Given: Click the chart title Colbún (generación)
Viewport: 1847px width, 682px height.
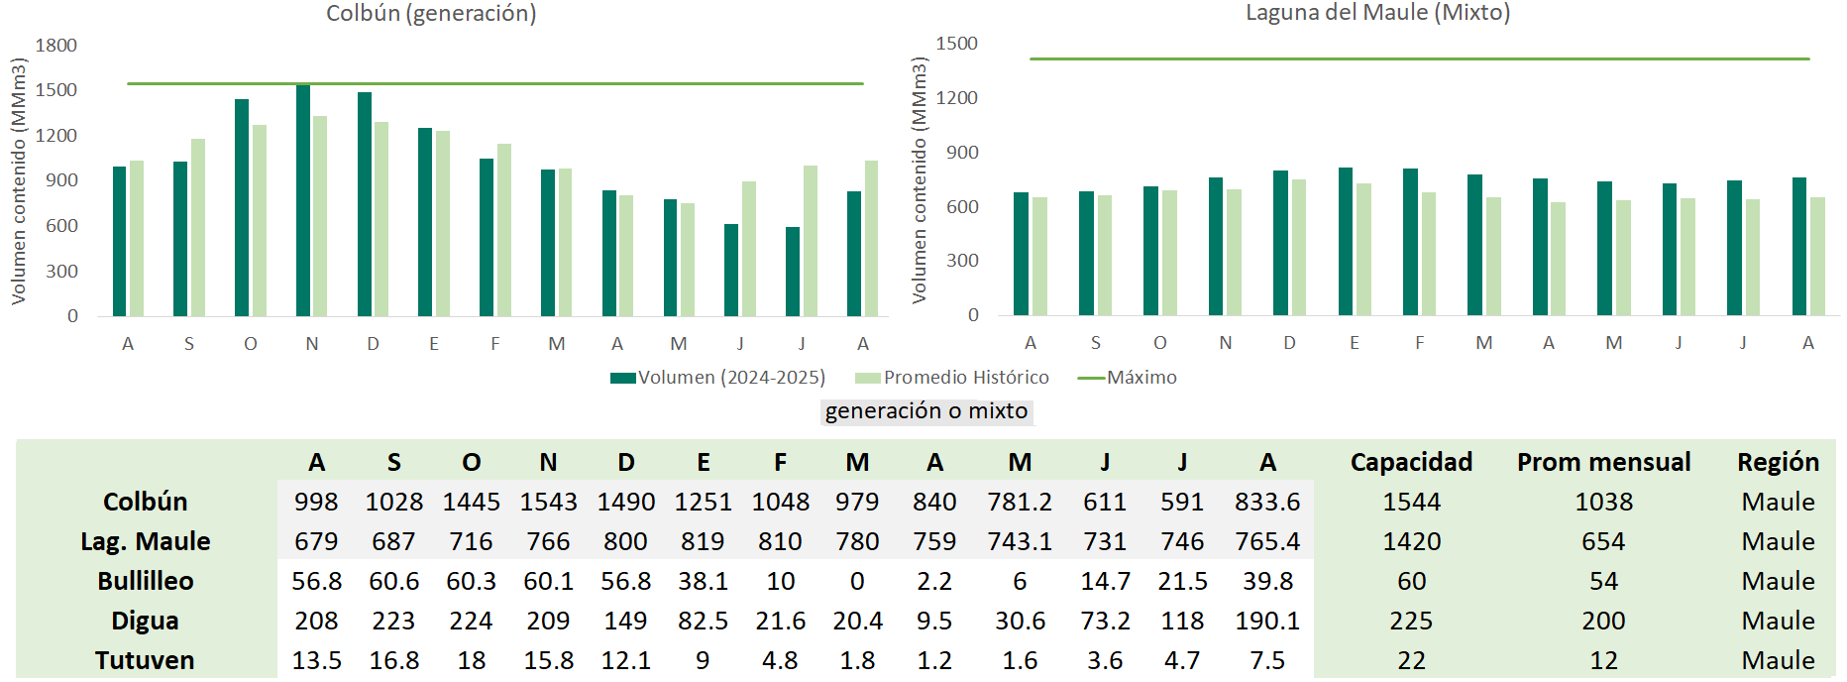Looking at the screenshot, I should click(x=431, y=14).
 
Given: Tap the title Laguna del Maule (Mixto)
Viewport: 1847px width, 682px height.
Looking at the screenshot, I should click(x=1377, y=13).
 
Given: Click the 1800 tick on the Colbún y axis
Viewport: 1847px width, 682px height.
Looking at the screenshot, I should click(x=56, y=46).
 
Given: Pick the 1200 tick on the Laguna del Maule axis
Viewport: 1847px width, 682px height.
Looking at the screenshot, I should click(x=956, y=98).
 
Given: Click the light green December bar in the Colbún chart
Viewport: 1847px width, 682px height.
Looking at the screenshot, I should click(x=381, y=219).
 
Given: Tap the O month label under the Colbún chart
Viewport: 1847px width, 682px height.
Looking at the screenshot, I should click(x=251, y=344).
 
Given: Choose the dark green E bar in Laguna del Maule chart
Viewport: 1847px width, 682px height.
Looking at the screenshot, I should click(x=1346, y=242).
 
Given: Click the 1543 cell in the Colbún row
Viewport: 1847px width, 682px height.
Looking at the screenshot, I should click(x=548, y=502).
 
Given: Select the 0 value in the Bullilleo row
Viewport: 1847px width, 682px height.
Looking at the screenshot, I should click(x=857, y=581).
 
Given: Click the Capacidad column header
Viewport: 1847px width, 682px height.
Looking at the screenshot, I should click(x=1411, y=462).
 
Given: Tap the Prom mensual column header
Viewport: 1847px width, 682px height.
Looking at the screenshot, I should click(x=1603, y=462).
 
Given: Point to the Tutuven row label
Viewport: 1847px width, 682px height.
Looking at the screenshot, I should click(x=145, y=660).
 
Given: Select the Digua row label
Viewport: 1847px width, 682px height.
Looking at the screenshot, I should click(x=145, y=621).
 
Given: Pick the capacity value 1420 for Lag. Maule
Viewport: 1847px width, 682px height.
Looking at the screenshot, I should click(x=1411, y=541).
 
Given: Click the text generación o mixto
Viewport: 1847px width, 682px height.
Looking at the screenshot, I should click(x=926, y=411).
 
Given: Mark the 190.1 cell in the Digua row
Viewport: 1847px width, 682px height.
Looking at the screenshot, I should click(x=1267, y=621).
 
